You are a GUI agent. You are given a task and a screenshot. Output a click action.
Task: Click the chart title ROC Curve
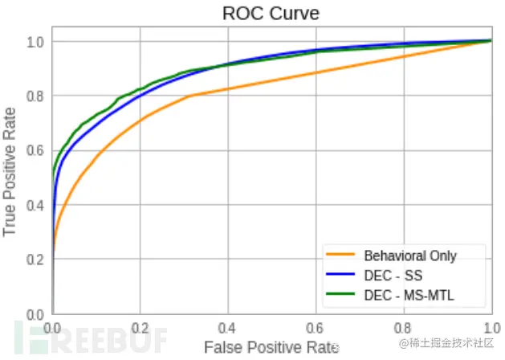(x=271, y=14)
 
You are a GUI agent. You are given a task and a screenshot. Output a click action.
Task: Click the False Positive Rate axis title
(x=271, y=347)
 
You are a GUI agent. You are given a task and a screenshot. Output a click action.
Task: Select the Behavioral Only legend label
(x=409, y=256)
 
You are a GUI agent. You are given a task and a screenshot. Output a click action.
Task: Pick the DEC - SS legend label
(x=391, y=276)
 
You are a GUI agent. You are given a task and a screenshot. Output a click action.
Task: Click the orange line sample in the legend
(x=340, y=256)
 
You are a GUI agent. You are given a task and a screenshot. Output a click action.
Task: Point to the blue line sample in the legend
(x=340, y=276)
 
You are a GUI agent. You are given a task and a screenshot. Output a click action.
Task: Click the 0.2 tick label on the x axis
(x=141, y=329)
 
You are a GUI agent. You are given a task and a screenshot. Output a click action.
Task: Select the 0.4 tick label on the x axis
(x=228, y=329)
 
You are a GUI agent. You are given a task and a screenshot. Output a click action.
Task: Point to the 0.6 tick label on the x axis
(x=316, y=329)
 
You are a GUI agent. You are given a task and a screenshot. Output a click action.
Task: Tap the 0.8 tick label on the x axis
(x=403, y=329)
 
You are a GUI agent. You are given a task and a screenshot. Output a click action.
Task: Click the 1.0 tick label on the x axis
(x=490, y=329)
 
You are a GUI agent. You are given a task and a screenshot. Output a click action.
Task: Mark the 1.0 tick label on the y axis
(x=36, y=41)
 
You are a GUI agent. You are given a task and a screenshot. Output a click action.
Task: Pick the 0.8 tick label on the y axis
(x=36, y=96)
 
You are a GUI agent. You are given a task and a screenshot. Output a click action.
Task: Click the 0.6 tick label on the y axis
(x=36, y=150)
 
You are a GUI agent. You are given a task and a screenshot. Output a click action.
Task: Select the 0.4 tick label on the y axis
(x=36, y=205)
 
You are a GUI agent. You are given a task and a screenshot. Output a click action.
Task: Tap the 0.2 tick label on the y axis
(x=36, y=260)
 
